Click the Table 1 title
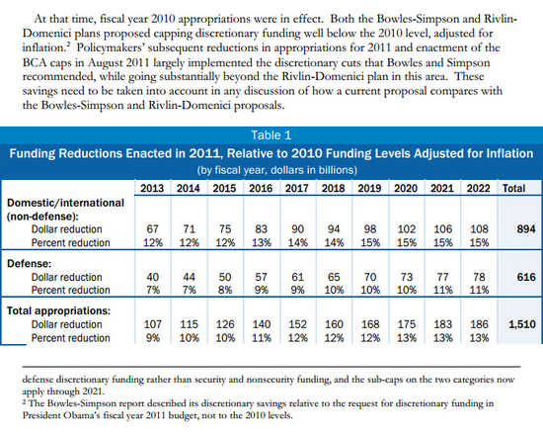click(271, 135)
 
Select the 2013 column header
click(152, 189)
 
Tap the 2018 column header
click(333, 189)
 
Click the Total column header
click(514, 189)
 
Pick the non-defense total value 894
click(526, 229)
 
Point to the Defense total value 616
click(526, 277)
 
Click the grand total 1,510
click(522, 324)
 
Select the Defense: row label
click(29, 264)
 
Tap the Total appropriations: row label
click(58, 310)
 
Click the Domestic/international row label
click(65, 203)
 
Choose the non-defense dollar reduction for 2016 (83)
click(261, 229)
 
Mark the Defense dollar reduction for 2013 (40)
click(152, 277)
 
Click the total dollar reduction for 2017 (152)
click(297, 324)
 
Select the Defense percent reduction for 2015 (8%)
click(225, 290)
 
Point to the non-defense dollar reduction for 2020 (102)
click(406, 229)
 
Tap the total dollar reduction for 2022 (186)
click(479, 324)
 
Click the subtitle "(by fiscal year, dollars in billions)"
click(276, 170)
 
